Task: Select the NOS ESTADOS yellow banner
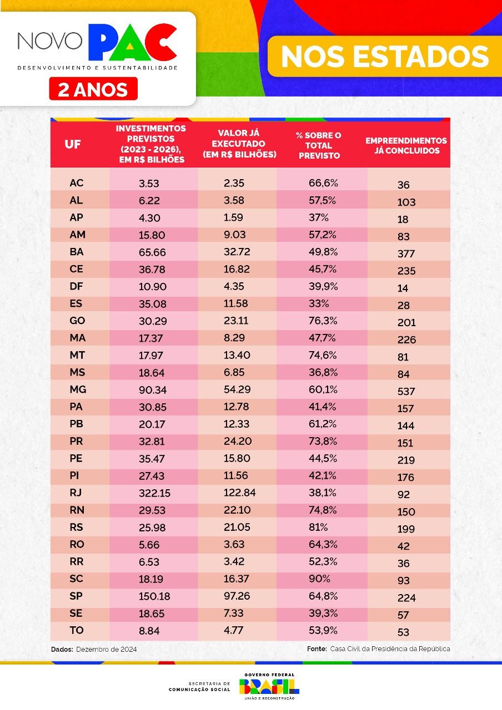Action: [384, 57]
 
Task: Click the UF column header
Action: [73, 144]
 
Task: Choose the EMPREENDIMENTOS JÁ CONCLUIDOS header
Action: [406, 145]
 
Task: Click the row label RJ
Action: [77, 493]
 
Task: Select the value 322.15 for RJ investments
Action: [154, 493]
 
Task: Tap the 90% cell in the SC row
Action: [319, 579]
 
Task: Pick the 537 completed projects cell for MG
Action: [406, 391]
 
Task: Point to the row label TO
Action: [77, 630]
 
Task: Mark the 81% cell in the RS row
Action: [318, 527]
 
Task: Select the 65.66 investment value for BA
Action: [152, 252]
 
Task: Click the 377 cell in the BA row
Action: [406, 253]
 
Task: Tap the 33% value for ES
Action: [319, 303]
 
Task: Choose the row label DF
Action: [76, 286]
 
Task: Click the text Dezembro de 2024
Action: [107, 649]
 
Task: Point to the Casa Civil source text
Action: [390, 648]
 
